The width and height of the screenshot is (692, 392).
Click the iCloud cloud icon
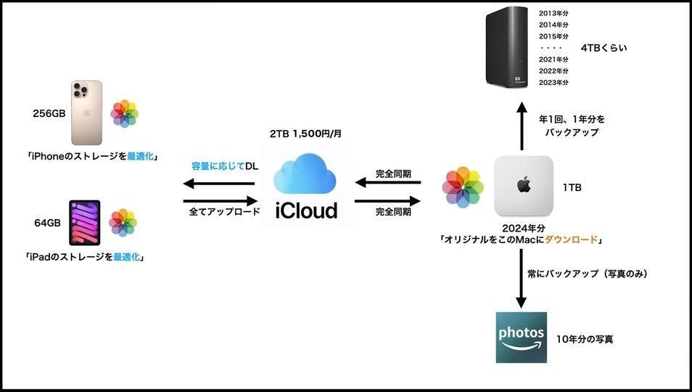(305, 173)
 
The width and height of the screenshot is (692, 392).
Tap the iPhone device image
(86, 113)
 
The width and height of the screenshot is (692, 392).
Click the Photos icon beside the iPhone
(124, 113)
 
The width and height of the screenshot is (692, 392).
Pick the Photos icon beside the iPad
(123, 223)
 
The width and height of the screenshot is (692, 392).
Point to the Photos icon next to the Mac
(463, 187)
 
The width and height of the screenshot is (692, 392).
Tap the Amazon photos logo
(521, 338)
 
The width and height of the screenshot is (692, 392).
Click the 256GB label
(49, 113)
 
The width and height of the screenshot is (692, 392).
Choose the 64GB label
(47, 223)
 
